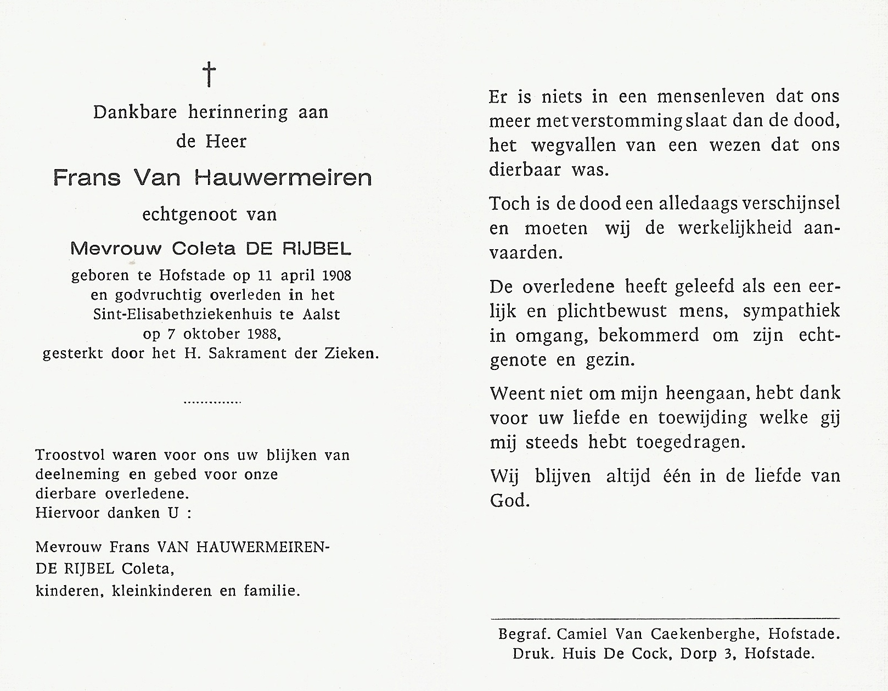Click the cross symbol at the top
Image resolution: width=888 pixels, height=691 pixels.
pos(209,74)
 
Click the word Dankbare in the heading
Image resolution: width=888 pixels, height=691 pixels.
pos(134,113)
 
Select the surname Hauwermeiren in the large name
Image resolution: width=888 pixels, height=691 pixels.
pos(283,178)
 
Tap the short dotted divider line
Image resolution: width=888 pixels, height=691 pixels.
pos(212,402)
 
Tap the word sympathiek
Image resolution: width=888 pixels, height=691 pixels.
pos(791,311)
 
